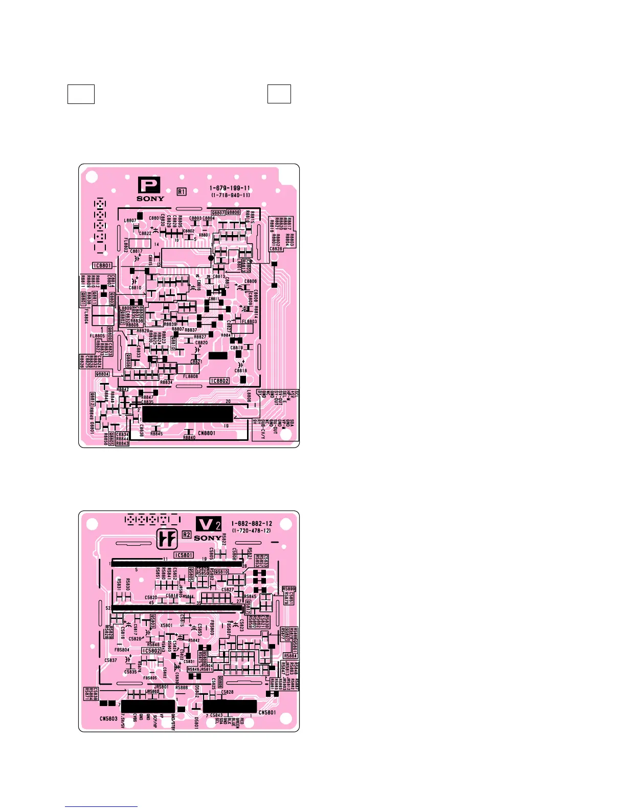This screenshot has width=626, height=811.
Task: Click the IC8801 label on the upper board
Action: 103,266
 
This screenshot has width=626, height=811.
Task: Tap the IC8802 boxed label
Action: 220,381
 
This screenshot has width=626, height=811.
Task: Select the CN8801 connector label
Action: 207,433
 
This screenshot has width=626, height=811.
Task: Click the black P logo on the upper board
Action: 149,185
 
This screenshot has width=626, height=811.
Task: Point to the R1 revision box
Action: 182,191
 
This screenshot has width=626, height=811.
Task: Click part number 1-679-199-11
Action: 230,188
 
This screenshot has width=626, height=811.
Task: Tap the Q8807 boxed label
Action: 218,212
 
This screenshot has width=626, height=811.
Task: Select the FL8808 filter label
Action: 190,376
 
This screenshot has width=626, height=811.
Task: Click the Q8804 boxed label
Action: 102,374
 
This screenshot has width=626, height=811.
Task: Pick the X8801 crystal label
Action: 205,235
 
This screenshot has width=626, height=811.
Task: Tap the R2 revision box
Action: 187,535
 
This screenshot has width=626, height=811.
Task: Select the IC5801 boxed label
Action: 184,555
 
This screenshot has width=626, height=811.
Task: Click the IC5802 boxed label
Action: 151,651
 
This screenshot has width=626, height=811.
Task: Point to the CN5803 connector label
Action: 108,718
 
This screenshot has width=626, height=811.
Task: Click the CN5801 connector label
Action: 267,712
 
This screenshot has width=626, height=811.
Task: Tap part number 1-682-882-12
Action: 252,524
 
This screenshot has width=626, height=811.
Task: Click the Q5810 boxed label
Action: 222,572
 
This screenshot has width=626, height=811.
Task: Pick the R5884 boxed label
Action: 290,656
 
